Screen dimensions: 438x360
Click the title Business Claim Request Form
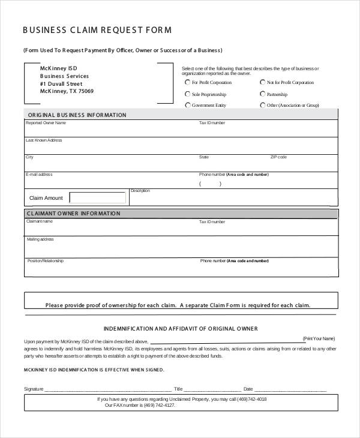coord(97,29)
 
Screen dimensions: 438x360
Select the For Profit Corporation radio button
coord(187,82)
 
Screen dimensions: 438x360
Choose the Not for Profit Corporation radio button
coord(263,82)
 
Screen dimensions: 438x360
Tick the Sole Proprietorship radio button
coord(187,94)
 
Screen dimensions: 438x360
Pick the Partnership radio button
coord(263,94)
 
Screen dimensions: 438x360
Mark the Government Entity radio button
coord(187,105)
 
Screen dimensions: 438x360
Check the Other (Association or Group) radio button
coord(263,105)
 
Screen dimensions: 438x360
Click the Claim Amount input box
coord(97,197)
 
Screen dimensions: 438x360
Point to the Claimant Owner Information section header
coord(73,213)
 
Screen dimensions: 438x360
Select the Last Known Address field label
coord(44,140)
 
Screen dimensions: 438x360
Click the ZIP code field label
coord(278,157)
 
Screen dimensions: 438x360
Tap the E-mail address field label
coord(39,175)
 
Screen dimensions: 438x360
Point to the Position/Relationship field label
coord(45,261)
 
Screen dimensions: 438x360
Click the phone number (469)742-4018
coord(252,399)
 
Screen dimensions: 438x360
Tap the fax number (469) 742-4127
coord(159,405)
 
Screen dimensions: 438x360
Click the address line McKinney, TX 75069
coord(67,92)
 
